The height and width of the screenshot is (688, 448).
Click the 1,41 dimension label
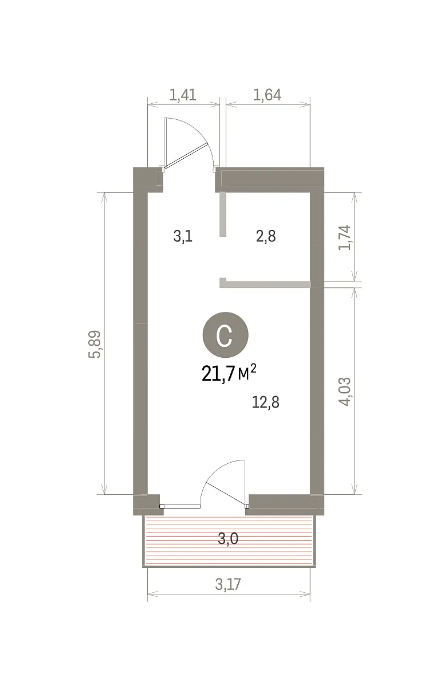(x=183, y=95)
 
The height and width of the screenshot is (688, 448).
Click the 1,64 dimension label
(x=267, y=95)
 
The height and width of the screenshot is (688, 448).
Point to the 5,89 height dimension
(x=95, y=344)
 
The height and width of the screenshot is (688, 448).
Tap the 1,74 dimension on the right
(x=344, y=238)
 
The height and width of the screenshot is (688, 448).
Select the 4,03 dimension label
(x=344, y=392)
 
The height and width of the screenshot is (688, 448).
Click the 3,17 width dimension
(x=228, y=584)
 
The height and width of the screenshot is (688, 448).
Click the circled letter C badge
(x=226, y=335)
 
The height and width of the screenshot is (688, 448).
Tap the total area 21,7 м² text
(x=229, y=373)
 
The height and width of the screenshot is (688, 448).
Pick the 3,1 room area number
(x=183, y=236)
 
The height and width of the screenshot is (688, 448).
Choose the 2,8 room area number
(x=266, y=236)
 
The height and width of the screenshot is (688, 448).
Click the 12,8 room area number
(x=265, y=402)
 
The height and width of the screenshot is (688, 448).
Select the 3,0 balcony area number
(x=228, y=538)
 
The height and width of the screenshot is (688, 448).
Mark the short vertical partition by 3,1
(x=223, y=214)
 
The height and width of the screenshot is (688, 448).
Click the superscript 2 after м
(x=253, y=368)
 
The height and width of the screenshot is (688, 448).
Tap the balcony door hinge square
(x=247, y=506)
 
